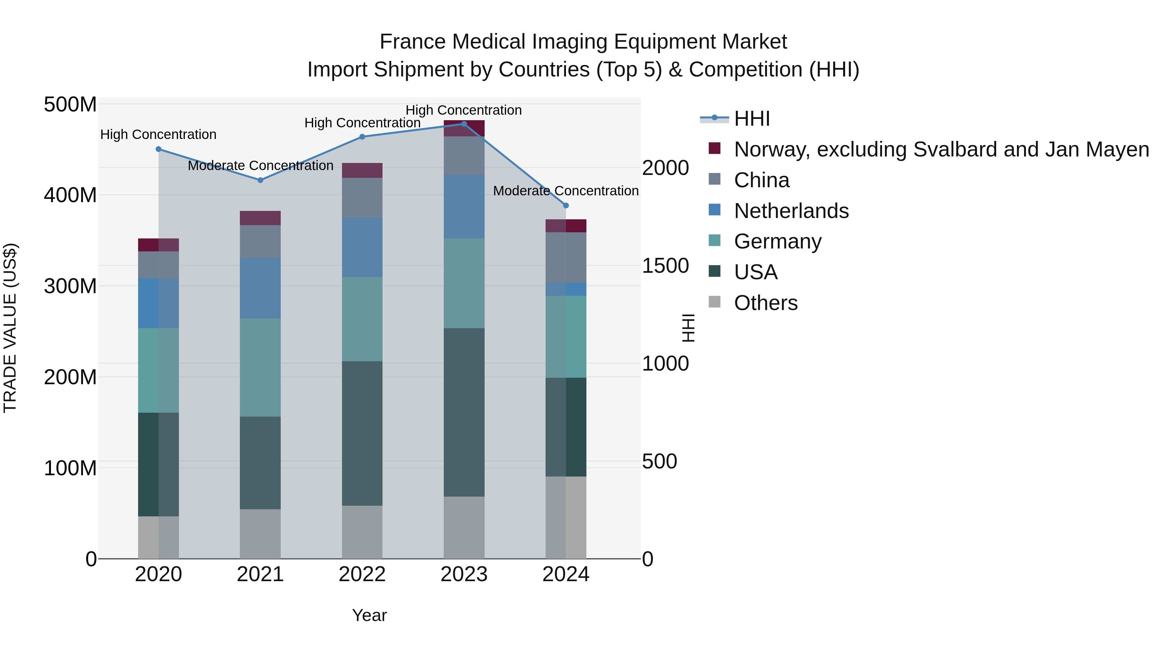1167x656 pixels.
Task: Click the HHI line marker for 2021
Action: [x=260, y=180]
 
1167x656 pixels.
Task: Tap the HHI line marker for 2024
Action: [x=565, y=205]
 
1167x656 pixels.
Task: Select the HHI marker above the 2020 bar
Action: [x=159, y=149]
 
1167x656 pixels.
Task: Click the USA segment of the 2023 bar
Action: [x=464, y=412]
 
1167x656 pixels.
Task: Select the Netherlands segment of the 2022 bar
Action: [x=362, y=247]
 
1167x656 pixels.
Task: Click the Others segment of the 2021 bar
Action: [x=260, y=534]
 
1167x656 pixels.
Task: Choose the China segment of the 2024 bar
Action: [x=565, y=257]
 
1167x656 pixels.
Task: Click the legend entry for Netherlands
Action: [x=791, y=211]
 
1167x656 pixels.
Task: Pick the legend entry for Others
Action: [x=766, y=303]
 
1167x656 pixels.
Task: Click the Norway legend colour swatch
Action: [x=714, y=148]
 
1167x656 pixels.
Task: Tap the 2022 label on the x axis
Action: [x=362, y=574]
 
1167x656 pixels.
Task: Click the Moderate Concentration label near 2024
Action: [x=565, y=191]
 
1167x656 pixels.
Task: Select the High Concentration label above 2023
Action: [x=464, y=110]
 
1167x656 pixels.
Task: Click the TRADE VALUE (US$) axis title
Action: [x=10, y=328]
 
